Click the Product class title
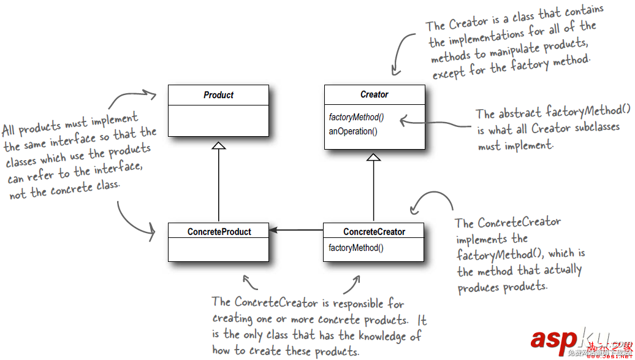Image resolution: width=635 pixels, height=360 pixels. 218,95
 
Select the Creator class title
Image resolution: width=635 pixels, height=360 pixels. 374,94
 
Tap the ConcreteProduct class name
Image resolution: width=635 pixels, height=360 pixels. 219,231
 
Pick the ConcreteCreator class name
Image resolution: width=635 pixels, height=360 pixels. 374,231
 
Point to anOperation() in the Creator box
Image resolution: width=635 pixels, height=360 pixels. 353,131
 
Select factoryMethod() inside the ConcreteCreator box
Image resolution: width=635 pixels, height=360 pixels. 356,248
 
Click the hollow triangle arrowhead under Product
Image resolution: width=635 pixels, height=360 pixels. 219,145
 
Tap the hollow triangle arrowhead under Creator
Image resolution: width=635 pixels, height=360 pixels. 374,157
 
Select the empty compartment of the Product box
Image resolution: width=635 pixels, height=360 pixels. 218,120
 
